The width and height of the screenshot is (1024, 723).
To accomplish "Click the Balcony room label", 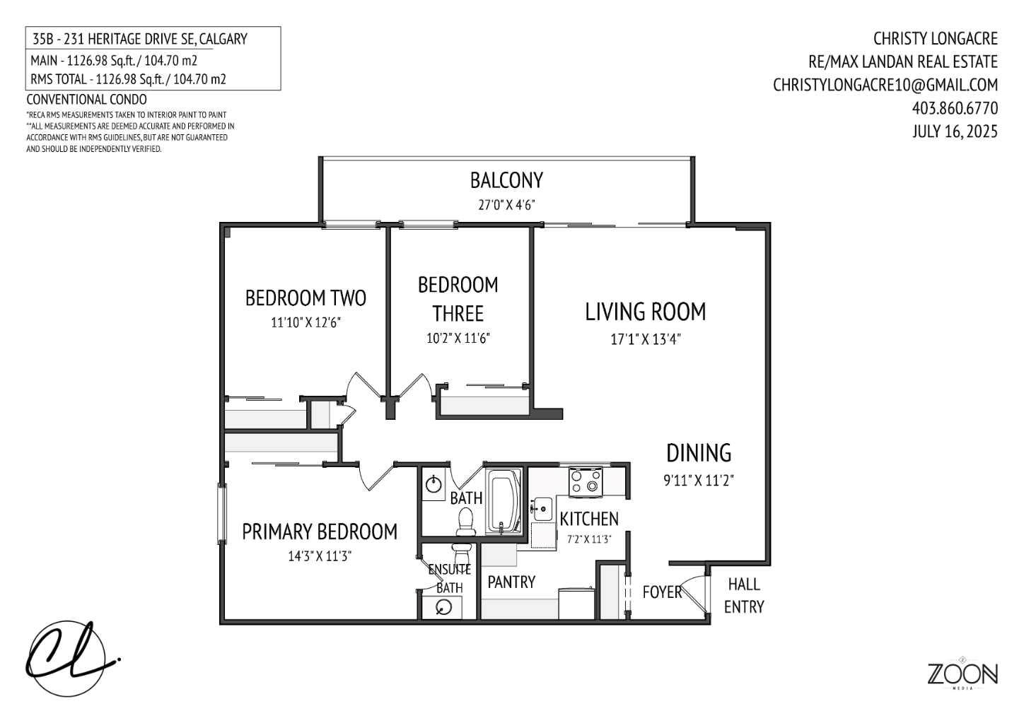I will tap(506, 180).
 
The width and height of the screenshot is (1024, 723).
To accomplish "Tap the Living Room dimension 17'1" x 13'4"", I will tap(645, 339).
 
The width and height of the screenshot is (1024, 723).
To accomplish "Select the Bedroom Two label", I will tap(306, 298).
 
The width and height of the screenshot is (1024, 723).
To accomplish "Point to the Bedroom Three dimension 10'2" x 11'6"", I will tap(458, 338).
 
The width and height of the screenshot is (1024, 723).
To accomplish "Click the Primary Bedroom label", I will tap(320, 531).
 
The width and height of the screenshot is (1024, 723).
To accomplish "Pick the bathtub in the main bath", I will tap(504, 501).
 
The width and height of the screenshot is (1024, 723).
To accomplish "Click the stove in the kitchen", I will tap(586, 481).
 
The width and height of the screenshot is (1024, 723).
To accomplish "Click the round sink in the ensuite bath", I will tap(444, 607).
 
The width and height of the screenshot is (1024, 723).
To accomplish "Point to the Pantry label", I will tap(511, 582).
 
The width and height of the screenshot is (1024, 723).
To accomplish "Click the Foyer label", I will tap(661, 592).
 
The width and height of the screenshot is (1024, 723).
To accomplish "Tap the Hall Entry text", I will tap(744, 595).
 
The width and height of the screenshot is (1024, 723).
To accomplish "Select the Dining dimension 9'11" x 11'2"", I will tap(698, 481).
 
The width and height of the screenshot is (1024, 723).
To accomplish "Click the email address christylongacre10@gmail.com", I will tap(885, 85).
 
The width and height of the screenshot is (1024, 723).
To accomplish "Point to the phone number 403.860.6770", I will tap(955, 108).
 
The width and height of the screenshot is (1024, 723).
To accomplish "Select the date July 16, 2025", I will tap(955, 131).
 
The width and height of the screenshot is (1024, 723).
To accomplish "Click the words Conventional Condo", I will tap(86, 100).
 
